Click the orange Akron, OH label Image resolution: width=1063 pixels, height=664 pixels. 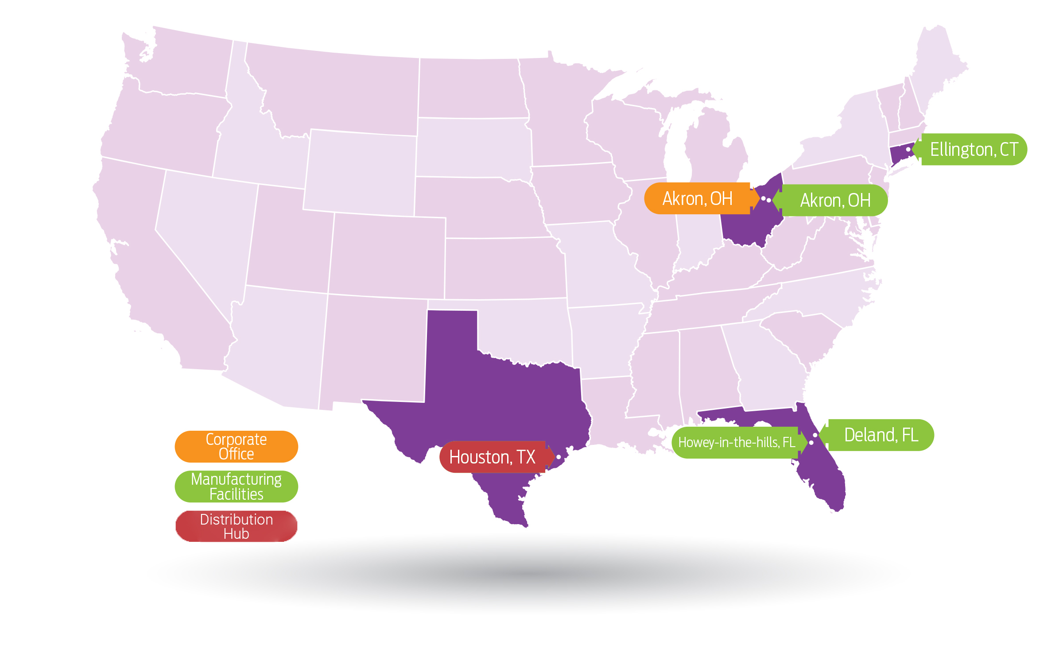pos(697,199)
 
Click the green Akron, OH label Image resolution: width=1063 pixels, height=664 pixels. pos(835,201)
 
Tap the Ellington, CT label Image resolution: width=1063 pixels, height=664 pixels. pos(974,150)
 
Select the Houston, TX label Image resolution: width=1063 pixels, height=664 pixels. pos(493,457)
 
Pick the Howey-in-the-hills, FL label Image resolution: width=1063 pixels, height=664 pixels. pos(736,442)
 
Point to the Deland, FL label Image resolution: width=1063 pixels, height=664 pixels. pos(881,435)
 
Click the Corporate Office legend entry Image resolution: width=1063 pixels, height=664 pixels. pos(236,447)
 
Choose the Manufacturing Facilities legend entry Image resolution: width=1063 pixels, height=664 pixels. pos(236,486)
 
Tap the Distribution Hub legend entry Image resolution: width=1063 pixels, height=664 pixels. pos(236,526)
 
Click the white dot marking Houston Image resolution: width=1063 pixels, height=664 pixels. pos(559,457)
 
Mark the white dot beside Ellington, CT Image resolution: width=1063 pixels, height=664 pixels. pos(908,150)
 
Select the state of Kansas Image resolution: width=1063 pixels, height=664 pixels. pos(505,268)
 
